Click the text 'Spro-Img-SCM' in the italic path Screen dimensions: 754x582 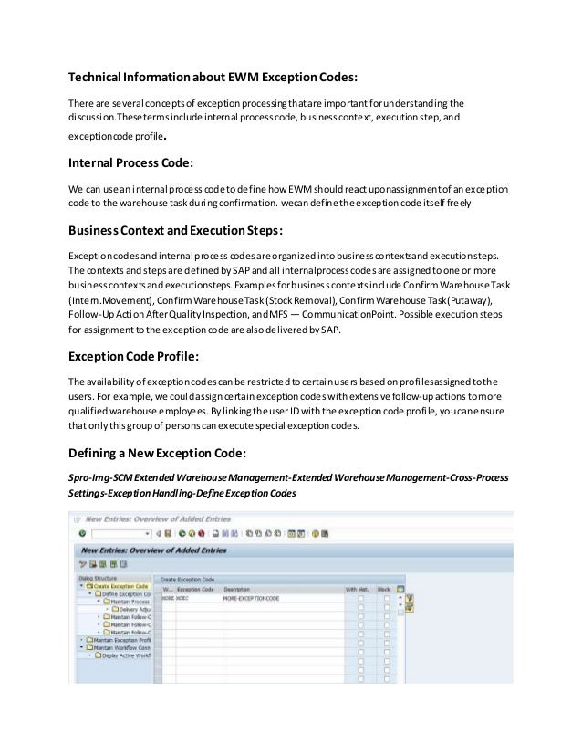pyautogui.click(x=100, y=477)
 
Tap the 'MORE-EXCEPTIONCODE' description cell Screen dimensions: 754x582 pyautogui.click(x=254, y=599)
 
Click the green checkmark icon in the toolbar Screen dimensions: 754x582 pyautogui.click(x=82, y=532)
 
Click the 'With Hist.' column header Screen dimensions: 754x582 pyautogui.click(x=357, y=589)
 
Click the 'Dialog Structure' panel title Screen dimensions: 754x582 pyautogui.click(x=97, y=579)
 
